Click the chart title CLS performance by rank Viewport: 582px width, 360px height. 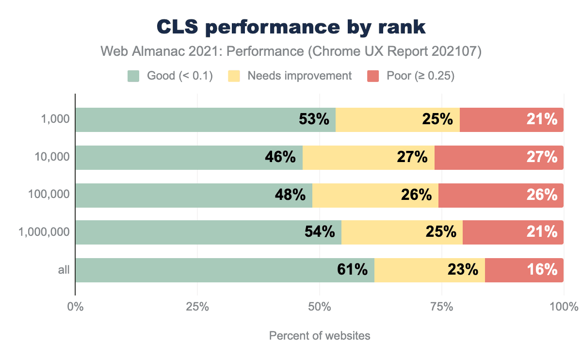[x=291, y=28]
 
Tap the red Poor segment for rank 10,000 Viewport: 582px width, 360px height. [x=499, y=157]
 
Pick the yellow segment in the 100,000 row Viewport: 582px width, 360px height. [x=375, y=195]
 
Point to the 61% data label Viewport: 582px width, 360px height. [x=352, y=270]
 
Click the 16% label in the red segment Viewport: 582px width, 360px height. [x=542, y=270]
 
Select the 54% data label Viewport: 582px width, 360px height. [x=320, y=232]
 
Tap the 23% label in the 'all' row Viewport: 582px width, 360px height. [x=463, y=270]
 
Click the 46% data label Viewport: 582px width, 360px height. [x=280, y=157]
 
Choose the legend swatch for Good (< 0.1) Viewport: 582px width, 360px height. [x=133, y=76]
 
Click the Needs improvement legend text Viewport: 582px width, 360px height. [x=300, y=76]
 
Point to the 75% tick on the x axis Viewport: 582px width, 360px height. [x=442, y=307]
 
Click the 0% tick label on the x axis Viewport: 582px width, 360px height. [x=75, y=307]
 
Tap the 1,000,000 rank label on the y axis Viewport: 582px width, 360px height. [x=44, y=232]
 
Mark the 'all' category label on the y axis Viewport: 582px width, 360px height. [x=64, y=270]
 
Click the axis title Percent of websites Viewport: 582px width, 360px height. [x=320, y=336]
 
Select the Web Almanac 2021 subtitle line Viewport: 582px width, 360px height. [x=291, y=51]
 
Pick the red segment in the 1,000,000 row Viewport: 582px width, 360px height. [x=513, y=232]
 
